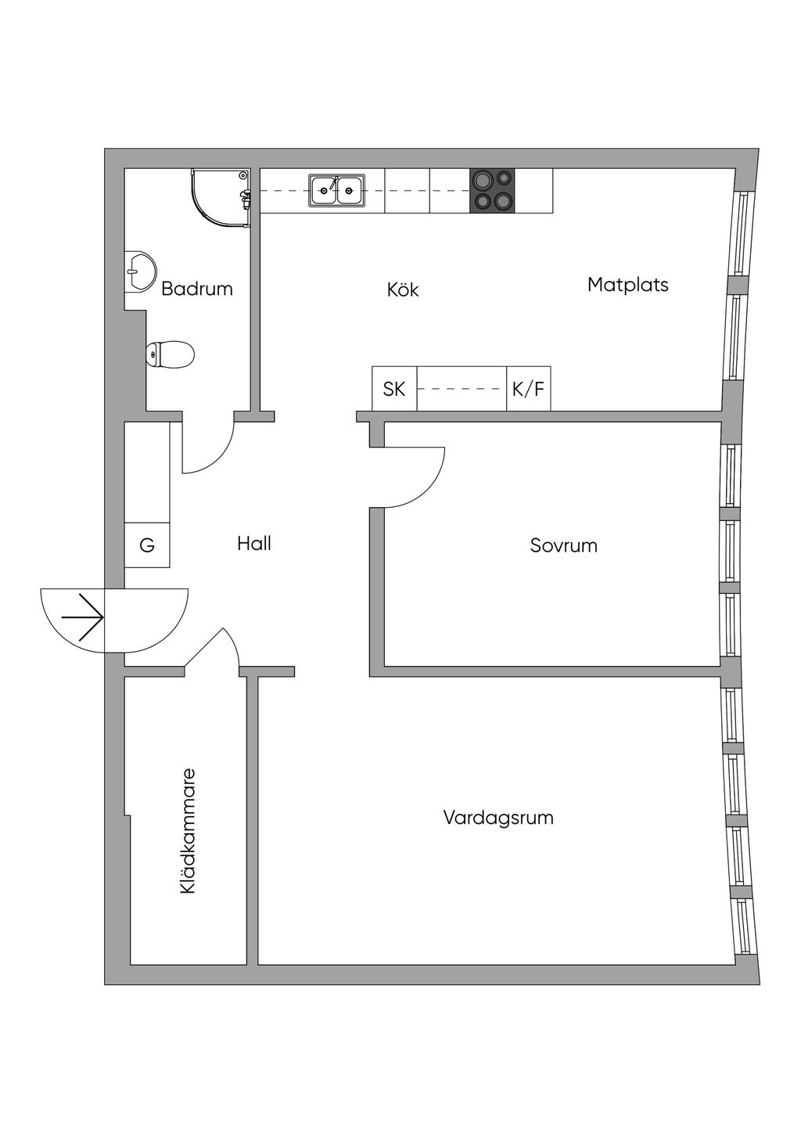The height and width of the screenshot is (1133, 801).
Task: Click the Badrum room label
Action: [x=197, y=289]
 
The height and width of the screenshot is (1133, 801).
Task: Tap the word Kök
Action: [x=403, y=290]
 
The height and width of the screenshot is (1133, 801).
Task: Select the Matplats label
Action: [x=627, y=285]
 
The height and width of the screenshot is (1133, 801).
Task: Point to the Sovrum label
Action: [x=563, y=545]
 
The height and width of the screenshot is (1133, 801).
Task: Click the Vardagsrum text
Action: [x=498, y=818]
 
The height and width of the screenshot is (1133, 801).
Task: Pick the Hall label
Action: [x=254, y=543]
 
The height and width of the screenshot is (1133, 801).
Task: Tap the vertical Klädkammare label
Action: [x=188, y=831]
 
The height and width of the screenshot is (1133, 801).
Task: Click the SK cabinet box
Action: [x=394, y=389]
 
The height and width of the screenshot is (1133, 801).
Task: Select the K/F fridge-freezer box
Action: [x=528, y=389]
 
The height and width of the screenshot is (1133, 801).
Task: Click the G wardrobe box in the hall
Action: [x=147, y=545]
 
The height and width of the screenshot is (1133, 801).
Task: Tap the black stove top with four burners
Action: [x=493, y=190]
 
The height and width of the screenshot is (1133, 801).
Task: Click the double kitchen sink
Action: [x=337, y=190]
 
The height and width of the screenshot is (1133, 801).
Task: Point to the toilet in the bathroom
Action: [x=170, y=354]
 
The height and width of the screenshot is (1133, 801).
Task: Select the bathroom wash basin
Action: [x=139, y=272]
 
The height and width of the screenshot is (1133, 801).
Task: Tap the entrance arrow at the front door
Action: [x=83, y=617]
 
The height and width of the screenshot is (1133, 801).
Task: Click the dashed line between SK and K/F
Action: [x=462, y=389]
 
